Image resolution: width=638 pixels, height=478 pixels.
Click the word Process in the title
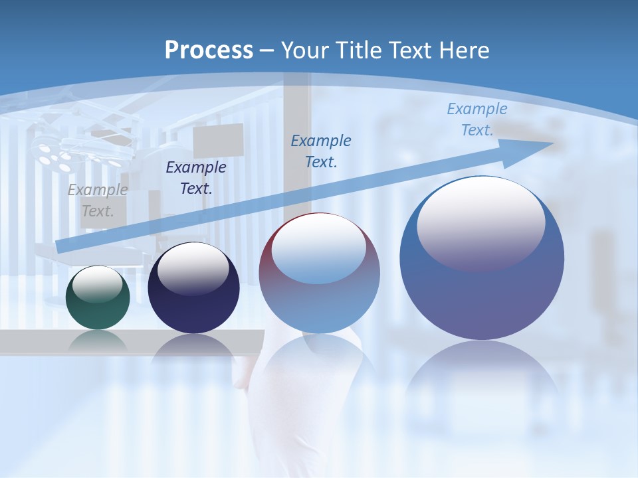point(209,50)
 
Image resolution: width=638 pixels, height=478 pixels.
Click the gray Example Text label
point(98,200)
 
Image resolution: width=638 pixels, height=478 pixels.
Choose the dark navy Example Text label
point(195,177)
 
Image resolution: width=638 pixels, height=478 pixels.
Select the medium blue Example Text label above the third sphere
point(321,151)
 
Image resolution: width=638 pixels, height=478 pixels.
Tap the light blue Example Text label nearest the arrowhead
point(477,119)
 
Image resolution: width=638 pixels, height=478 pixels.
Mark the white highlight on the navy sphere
point(193,267)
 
